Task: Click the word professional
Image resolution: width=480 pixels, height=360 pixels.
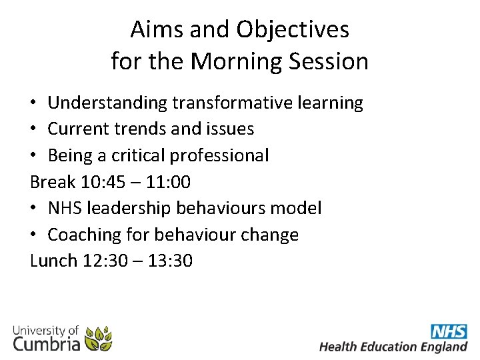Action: pyautogui.click(x=219, y=156)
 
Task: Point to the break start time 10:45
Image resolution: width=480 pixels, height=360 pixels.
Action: pyautogui.click(x=111, y=182)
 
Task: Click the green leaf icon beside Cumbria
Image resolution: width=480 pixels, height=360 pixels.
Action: pyautogui.click(x=99, y=339)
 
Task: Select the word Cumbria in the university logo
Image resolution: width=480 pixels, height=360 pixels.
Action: pyautogui.click(x=47, y=343)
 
